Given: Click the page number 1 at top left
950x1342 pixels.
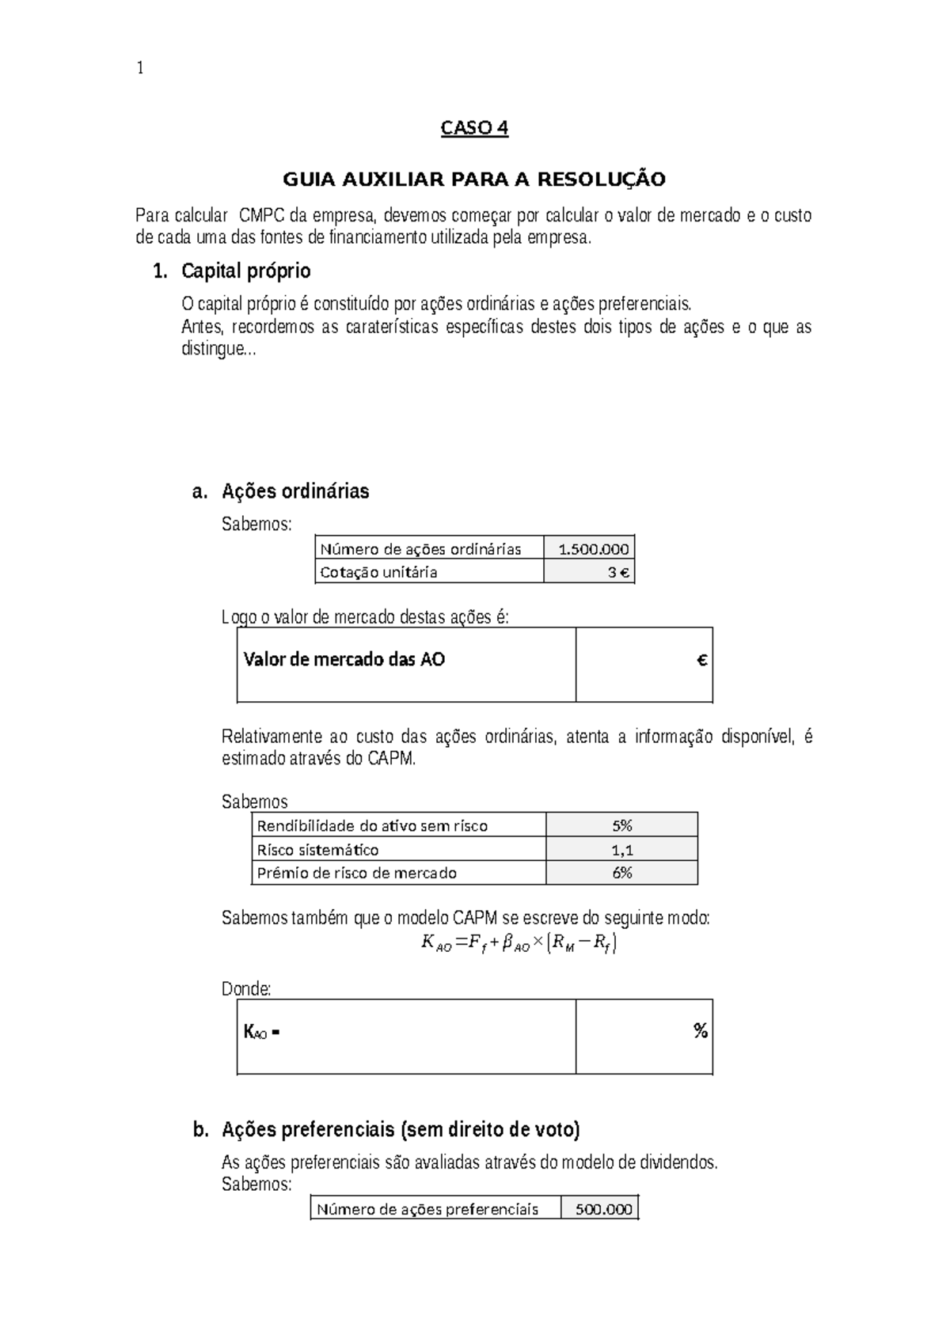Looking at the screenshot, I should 140,69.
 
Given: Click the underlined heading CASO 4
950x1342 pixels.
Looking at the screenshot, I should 474,128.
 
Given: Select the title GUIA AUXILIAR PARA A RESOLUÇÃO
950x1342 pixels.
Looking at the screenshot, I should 474,180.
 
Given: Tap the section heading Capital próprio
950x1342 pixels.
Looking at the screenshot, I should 245,271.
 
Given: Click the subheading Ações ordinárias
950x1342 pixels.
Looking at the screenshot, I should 295,491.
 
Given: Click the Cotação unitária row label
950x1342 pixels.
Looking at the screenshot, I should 378,572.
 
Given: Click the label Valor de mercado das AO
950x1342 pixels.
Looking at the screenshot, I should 344,660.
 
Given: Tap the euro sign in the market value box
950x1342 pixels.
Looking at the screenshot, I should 701,660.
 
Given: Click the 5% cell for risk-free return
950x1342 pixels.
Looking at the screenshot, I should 621,826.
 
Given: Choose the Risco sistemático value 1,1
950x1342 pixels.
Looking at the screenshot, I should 621,850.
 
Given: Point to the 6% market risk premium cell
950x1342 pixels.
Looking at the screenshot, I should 621,873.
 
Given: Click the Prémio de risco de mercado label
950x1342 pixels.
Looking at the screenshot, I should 357,873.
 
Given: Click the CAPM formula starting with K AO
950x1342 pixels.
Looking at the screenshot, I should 519,943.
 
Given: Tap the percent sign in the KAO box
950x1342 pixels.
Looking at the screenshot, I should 700,1031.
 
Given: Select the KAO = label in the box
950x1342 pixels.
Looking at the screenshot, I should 261,1032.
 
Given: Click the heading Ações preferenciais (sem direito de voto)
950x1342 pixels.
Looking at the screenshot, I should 401,1130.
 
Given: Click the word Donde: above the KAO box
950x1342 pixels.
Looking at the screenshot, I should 246,989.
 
